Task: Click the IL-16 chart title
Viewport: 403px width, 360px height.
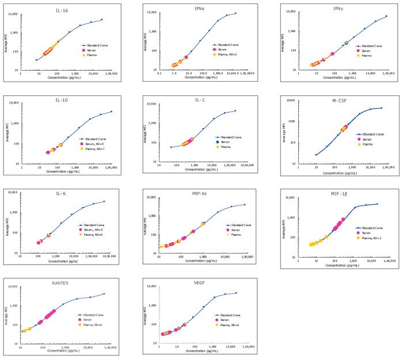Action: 61,10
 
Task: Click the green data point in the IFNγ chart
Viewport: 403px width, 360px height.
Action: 347,43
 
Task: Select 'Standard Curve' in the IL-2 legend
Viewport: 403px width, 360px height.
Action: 233,137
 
